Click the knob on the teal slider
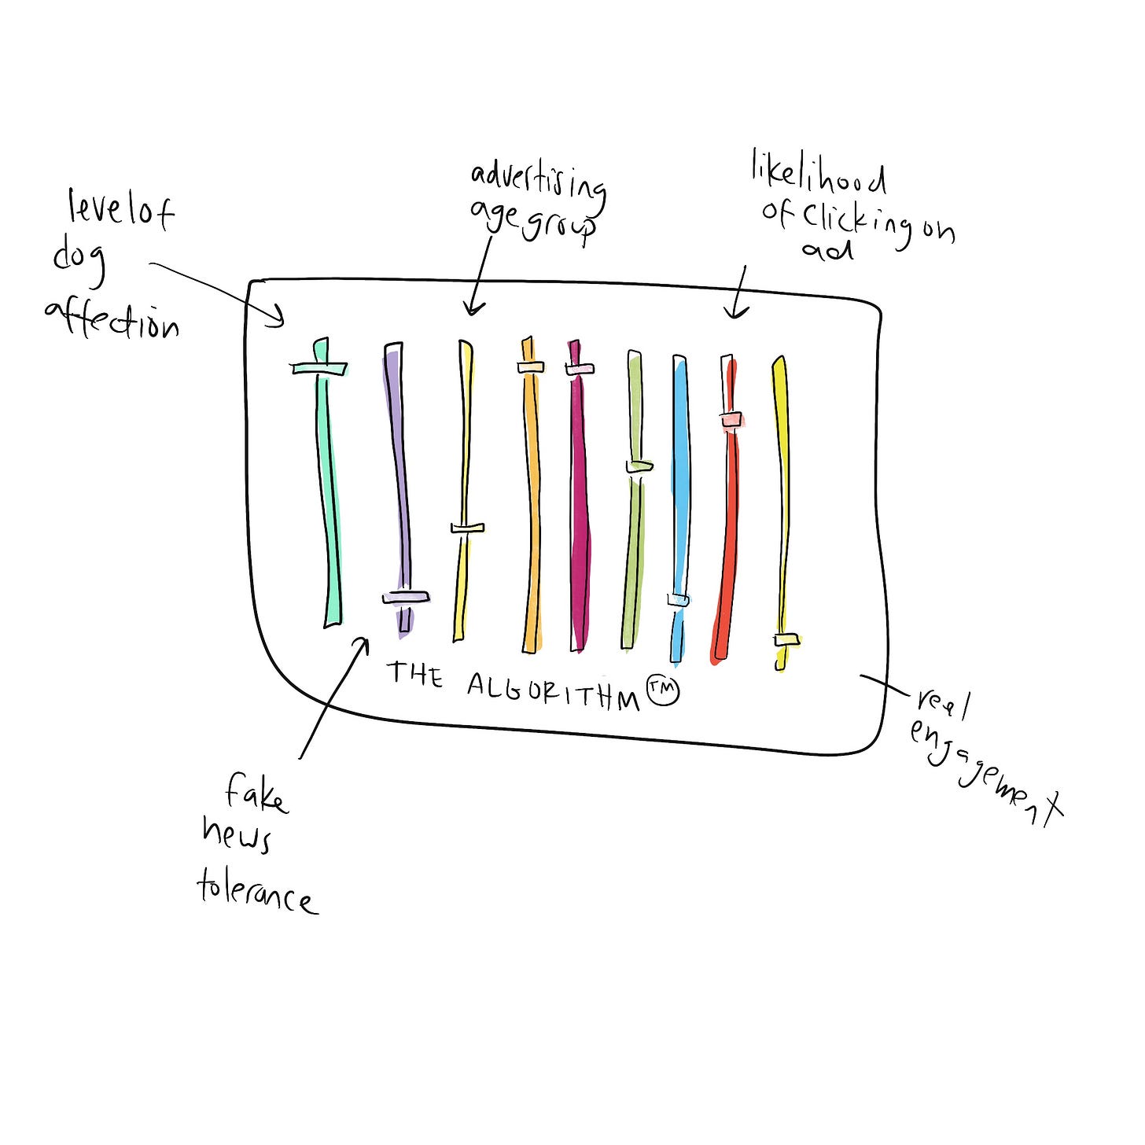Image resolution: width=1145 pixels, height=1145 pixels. [x=318, y=368]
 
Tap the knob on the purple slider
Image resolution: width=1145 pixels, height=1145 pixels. [x=406, y=598]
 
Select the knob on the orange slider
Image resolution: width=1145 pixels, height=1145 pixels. [x=531, y=367]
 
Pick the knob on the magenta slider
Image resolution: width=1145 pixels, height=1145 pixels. [x=580, y=369]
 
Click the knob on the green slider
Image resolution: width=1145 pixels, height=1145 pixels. [x=639, y=467]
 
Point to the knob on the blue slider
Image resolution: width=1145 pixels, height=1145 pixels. [x=679, y=601]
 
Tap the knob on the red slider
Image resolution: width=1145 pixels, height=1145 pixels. [x=731, y=420]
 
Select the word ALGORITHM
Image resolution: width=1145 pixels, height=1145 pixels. [x=553, y=690]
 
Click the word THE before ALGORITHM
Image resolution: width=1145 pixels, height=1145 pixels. [x=414, y=674]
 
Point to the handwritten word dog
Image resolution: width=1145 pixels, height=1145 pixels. [x=79, y=259]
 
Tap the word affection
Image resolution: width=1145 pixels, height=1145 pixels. [x=112, y=320]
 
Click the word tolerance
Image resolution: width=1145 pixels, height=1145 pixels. [x=256, y=894]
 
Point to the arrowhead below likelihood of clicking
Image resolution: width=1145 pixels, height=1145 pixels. [x=734, y=313]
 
